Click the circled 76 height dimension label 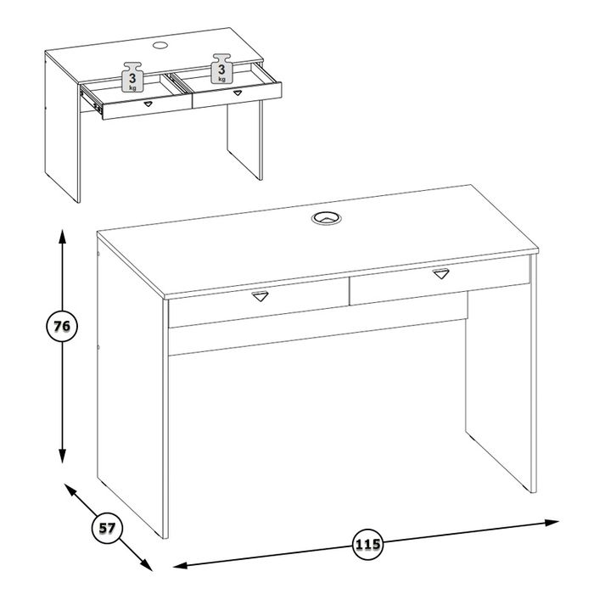(x=62, y=326)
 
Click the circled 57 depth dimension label (x=107, y=528)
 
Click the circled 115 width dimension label (x=367, y=545)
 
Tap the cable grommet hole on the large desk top (x=327, y=218)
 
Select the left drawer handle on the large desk (x=260, y=296)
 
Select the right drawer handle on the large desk (x=441, y=273)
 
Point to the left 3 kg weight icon (x=132, y=76)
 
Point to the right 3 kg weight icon (x=221, y=68)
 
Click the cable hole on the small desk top (x=160, y=46)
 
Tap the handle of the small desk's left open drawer (x=148, y=104)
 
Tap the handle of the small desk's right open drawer (x=237, y=92)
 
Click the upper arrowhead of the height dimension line (x=63, y=236)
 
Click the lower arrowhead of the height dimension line (x=63, y=455)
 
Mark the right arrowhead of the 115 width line (x=552, y=523)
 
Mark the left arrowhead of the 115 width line (x=181, y=566)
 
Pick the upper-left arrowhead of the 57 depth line (x=70, y=490)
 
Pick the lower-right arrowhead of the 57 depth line (x=146, y=564)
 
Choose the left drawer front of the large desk (x=259, y=302)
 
